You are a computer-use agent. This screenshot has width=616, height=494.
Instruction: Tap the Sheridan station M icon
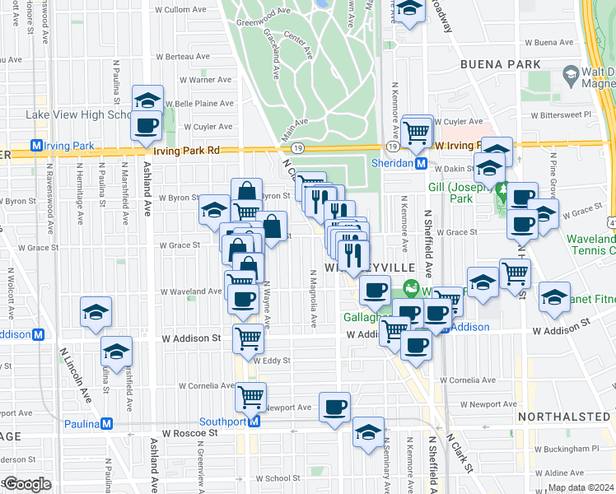(x=421, y=164)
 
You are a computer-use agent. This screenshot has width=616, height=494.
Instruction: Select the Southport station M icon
(x=254, y=422)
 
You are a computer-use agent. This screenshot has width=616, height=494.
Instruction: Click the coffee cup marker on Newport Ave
(x=334, y=406)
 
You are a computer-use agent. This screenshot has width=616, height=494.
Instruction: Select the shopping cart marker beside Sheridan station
(x=418, y=130)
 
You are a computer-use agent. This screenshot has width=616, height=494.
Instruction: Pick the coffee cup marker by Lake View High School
(x=147, y=125)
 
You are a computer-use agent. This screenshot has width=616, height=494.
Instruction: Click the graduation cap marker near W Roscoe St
(x=368, y=431)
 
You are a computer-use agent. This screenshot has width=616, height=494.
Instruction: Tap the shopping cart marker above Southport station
(x=251, y=396)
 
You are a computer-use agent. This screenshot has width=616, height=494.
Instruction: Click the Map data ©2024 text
(x=581, y=487)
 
